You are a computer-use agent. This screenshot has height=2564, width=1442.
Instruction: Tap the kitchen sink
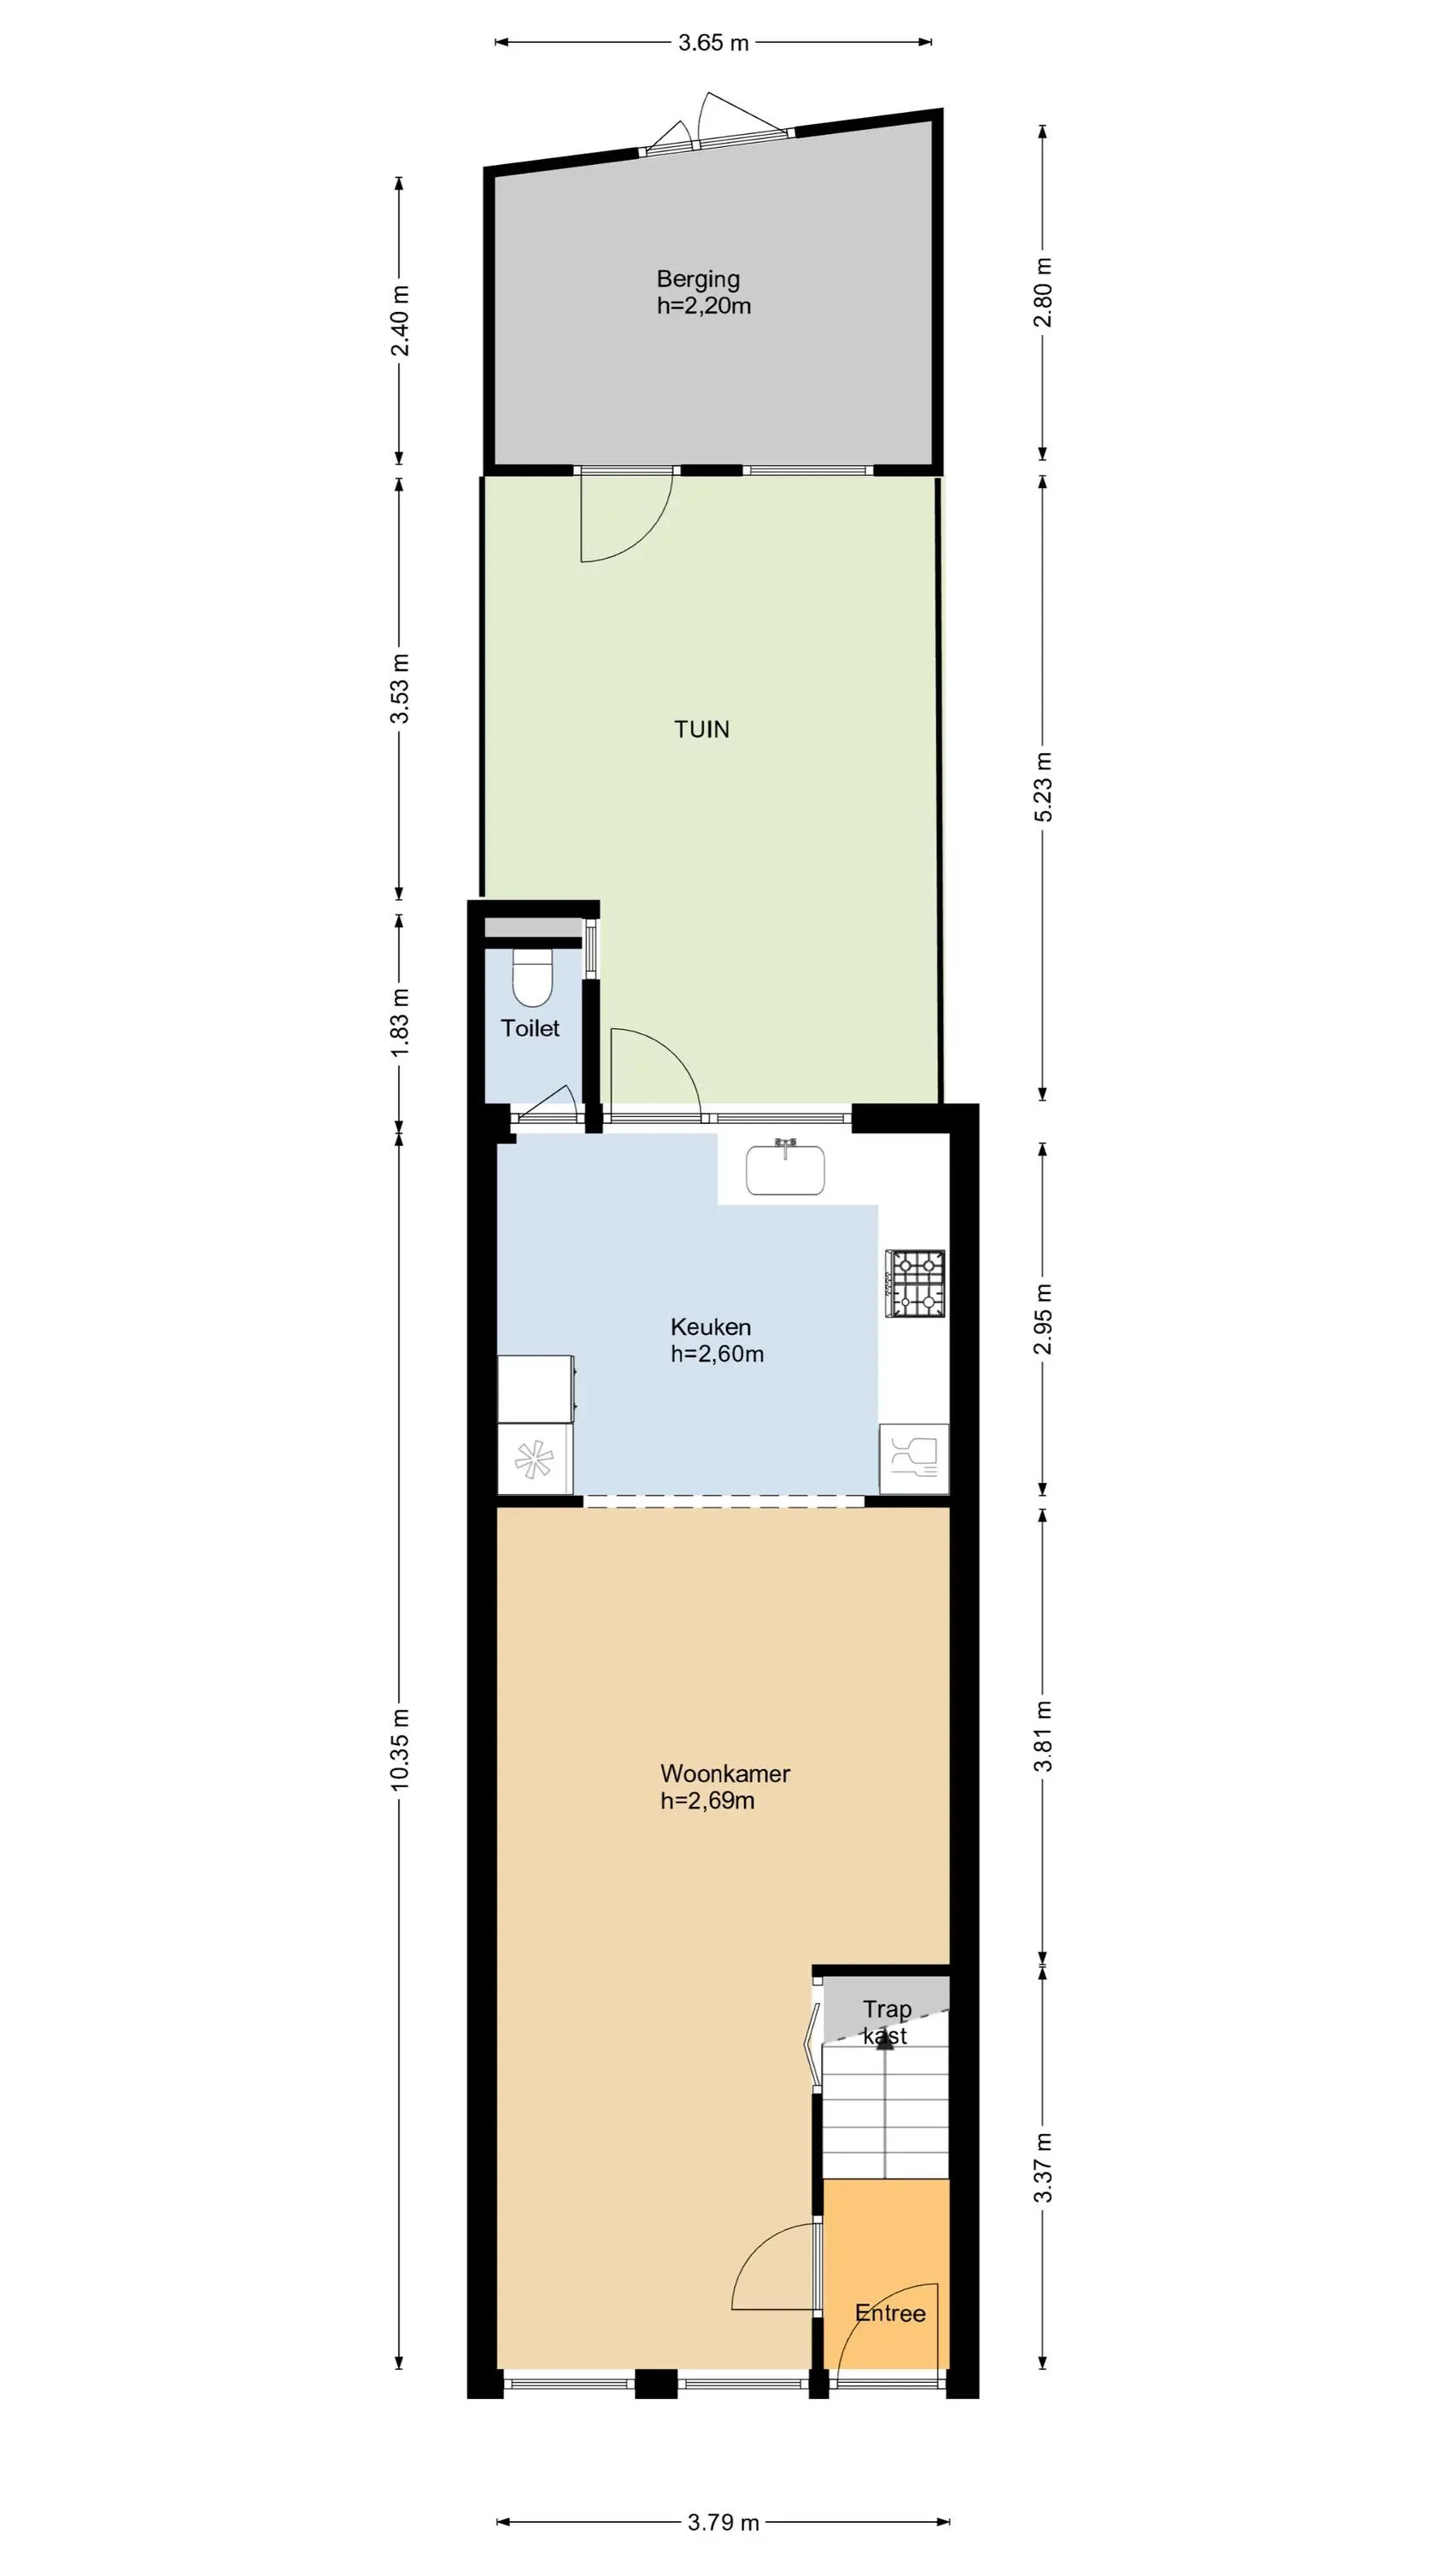tap(785, 1168)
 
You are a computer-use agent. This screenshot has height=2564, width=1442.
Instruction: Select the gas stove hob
tap(916, 1283)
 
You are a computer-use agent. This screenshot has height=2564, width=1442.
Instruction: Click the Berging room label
tap(698, 279)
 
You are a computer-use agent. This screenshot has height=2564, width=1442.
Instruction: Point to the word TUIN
tap(701, 730)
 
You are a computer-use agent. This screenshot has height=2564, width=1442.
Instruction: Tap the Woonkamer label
tap(725, 1773)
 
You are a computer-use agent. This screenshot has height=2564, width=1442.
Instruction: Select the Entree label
tap(891, 2314)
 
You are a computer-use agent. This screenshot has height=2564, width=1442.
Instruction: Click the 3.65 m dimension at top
tap(713, 43)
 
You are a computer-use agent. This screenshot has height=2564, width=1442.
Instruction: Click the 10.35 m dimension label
tap(400, 1750)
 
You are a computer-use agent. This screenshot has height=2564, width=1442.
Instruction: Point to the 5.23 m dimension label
tap(1043, 786)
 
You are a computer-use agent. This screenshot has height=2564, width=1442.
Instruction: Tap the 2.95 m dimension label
tap(1043, 1319)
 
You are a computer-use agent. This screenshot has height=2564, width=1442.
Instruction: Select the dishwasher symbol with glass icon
tap(913, 1458)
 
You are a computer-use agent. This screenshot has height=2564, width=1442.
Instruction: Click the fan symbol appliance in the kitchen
tap(535, 1459)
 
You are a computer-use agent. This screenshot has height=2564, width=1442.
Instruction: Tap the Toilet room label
tap(530, 1028)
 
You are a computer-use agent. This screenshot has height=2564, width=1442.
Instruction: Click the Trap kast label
tap(886, 2022)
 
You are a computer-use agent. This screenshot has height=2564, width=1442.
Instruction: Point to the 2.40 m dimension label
tap(400, 320)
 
